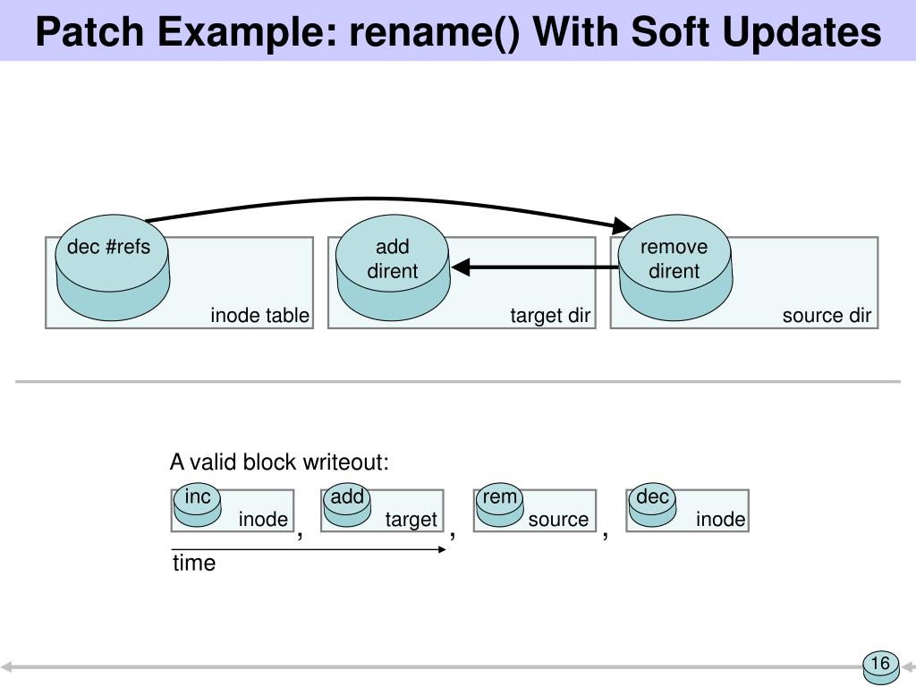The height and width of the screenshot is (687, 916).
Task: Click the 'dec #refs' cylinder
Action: click(x=112, y=267)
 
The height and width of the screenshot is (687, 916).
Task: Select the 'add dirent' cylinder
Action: click(x=394, y=267)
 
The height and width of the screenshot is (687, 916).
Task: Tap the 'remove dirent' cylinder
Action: click(x=675, y=267)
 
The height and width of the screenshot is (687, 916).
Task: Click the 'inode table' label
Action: click(x=259, y=316)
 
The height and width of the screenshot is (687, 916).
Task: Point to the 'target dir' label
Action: click(x=550, y=316)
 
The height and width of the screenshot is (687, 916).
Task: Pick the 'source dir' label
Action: click(x=827, y=316)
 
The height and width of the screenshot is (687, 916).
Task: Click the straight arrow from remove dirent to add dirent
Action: click(x=535, y=267)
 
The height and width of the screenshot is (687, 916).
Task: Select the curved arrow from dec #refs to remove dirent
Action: click(x=374, y=199)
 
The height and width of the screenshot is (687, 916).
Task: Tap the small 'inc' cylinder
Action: click(x=198, y=506)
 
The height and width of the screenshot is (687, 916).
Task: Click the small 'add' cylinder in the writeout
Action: click(x=347, y=506)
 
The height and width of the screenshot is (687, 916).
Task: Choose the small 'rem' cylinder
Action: click(x=499, y=506)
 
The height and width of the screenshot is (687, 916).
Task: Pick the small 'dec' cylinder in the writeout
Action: click(x=652, y=506)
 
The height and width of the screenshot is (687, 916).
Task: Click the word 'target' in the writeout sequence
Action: click(x=411, y=520)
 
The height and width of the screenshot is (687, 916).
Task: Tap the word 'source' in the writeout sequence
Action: click(x=558, y=520)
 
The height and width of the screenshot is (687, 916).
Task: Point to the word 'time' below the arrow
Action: click(x=194, y=564)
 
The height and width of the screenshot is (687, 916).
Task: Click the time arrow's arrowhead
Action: click(x=442, y=549)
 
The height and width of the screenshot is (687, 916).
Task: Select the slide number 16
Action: click(x=880, y=663)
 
